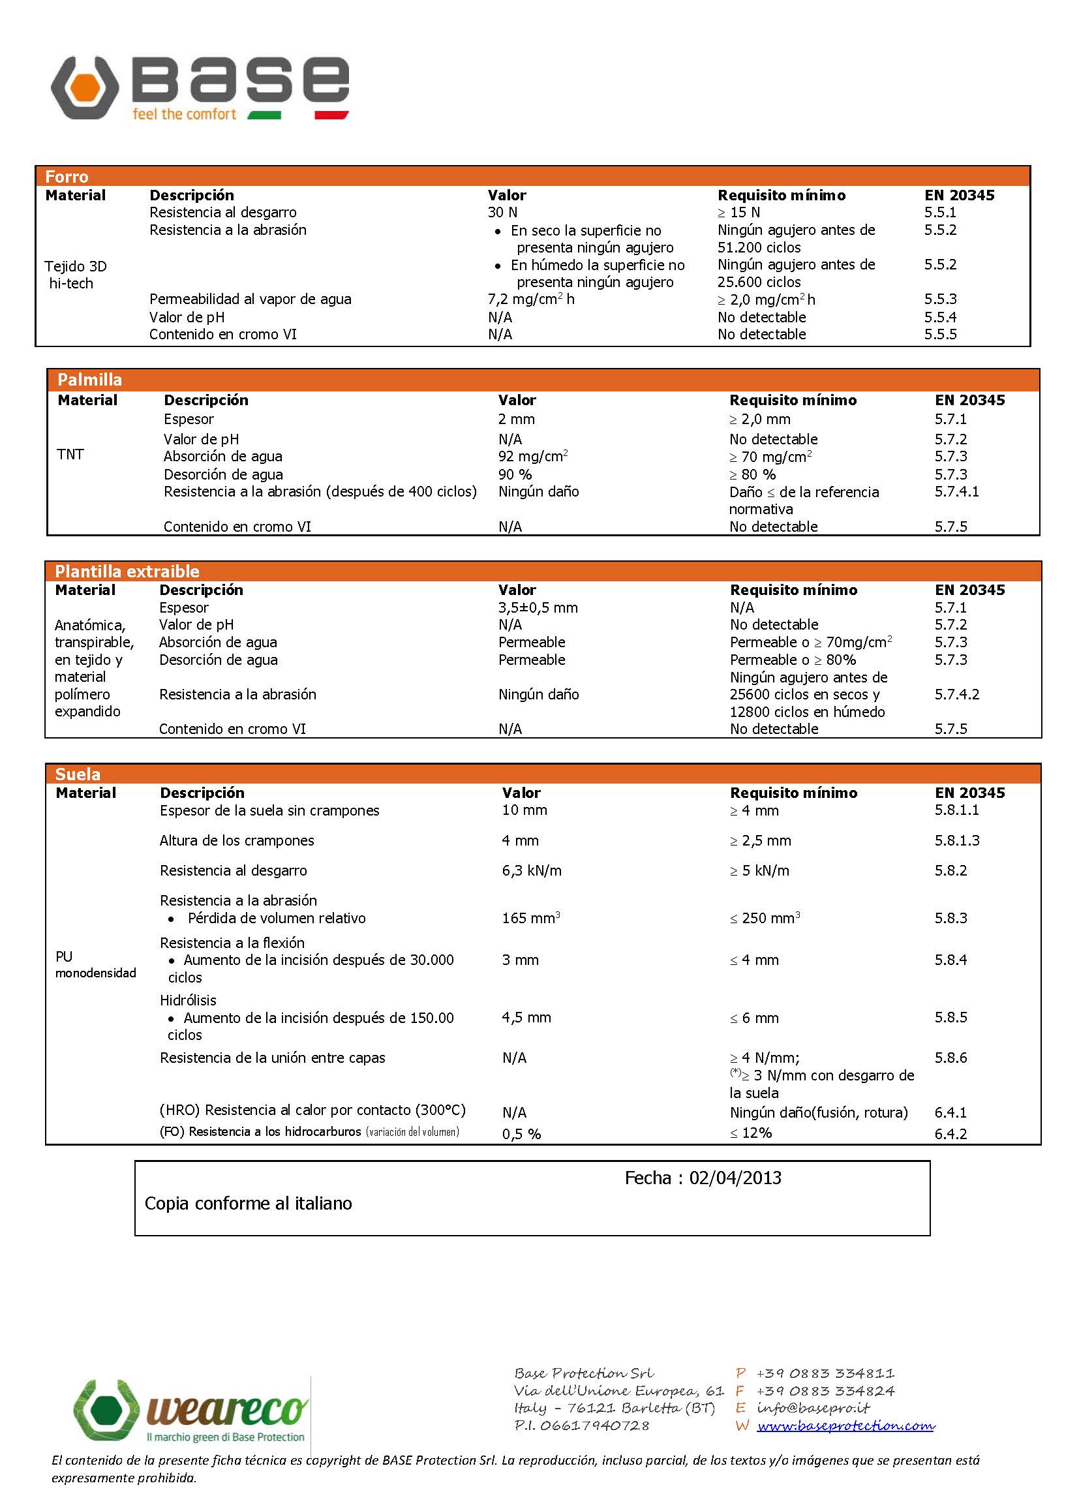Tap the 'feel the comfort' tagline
184,114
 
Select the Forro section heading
67,177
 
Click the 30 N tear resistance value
502,213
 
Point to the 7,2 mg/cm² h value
531,299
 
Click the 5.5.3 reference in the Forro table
940,299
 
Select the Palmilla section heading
89,380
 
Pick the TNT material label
70,455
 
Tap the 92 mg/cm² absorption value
533,457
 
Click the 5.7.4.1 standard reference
957,492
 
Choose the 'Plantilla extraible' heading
127,572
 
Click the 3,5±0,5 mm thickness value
538,608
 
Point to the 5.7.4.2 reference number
957,694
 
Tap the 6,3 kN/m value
532,870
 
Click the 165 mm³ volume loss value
531,919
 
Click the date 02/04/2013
735,1178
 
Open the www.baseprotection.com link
846,1426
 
